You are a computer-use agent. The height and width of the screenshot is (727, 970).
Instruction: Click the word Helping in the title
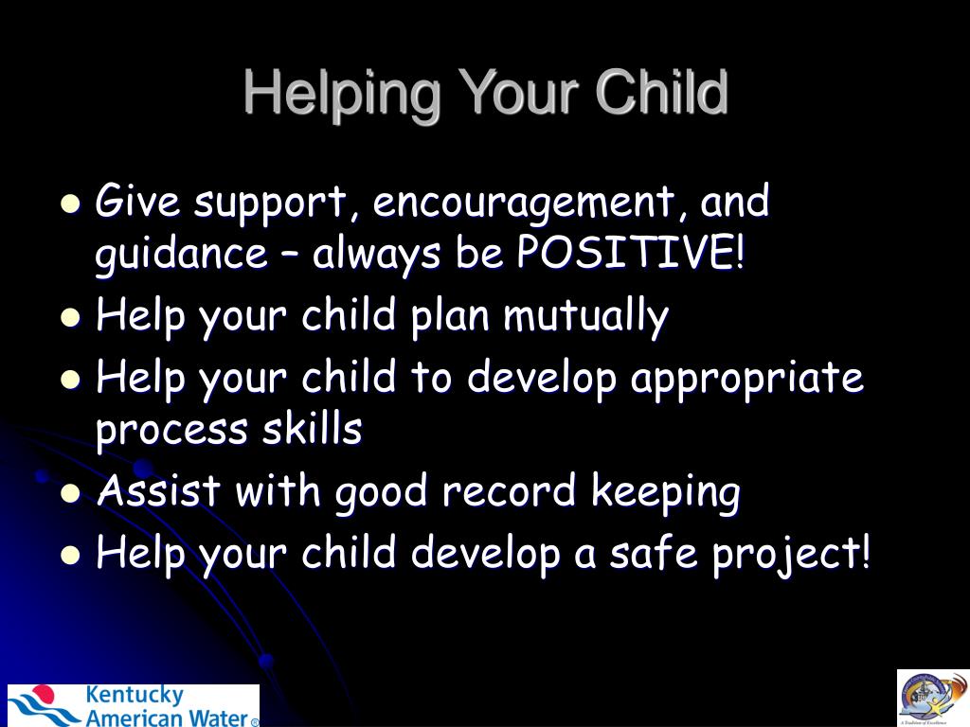(x=342, y=95)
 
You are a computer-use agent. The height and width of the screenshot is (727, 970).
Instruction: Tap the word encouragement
(x=523, y=202)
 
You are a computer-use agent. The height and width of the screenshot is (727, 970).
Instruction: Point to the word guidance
(x=182, y=254)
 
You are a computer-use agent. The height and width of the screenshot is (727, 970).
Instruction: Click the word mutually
(x=585, y=315)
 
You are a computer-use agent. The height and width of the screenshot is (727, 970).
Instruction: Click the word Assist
(x=159, y=489)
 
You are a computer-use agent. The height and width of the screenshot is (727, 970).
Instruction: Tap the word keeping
(x=666, y=492)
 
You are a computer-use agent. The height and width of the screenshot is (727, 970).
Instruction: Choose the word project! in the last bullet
(x=791, y=553)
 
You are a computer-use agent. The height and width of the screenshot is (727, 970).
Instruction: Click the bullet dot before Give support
(x=71, y=204)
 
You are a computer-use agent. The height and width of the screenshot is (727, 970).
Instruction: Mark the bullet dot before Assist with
(x=71, y=493)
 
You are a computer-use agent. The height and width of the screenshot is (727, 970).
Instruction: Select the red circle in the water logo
(x=44, y=693)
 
